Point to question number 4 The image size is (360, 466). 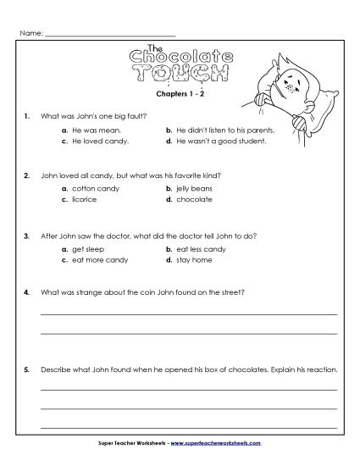pos(28,292)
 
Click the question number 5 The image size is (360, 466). pos(28,369)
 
